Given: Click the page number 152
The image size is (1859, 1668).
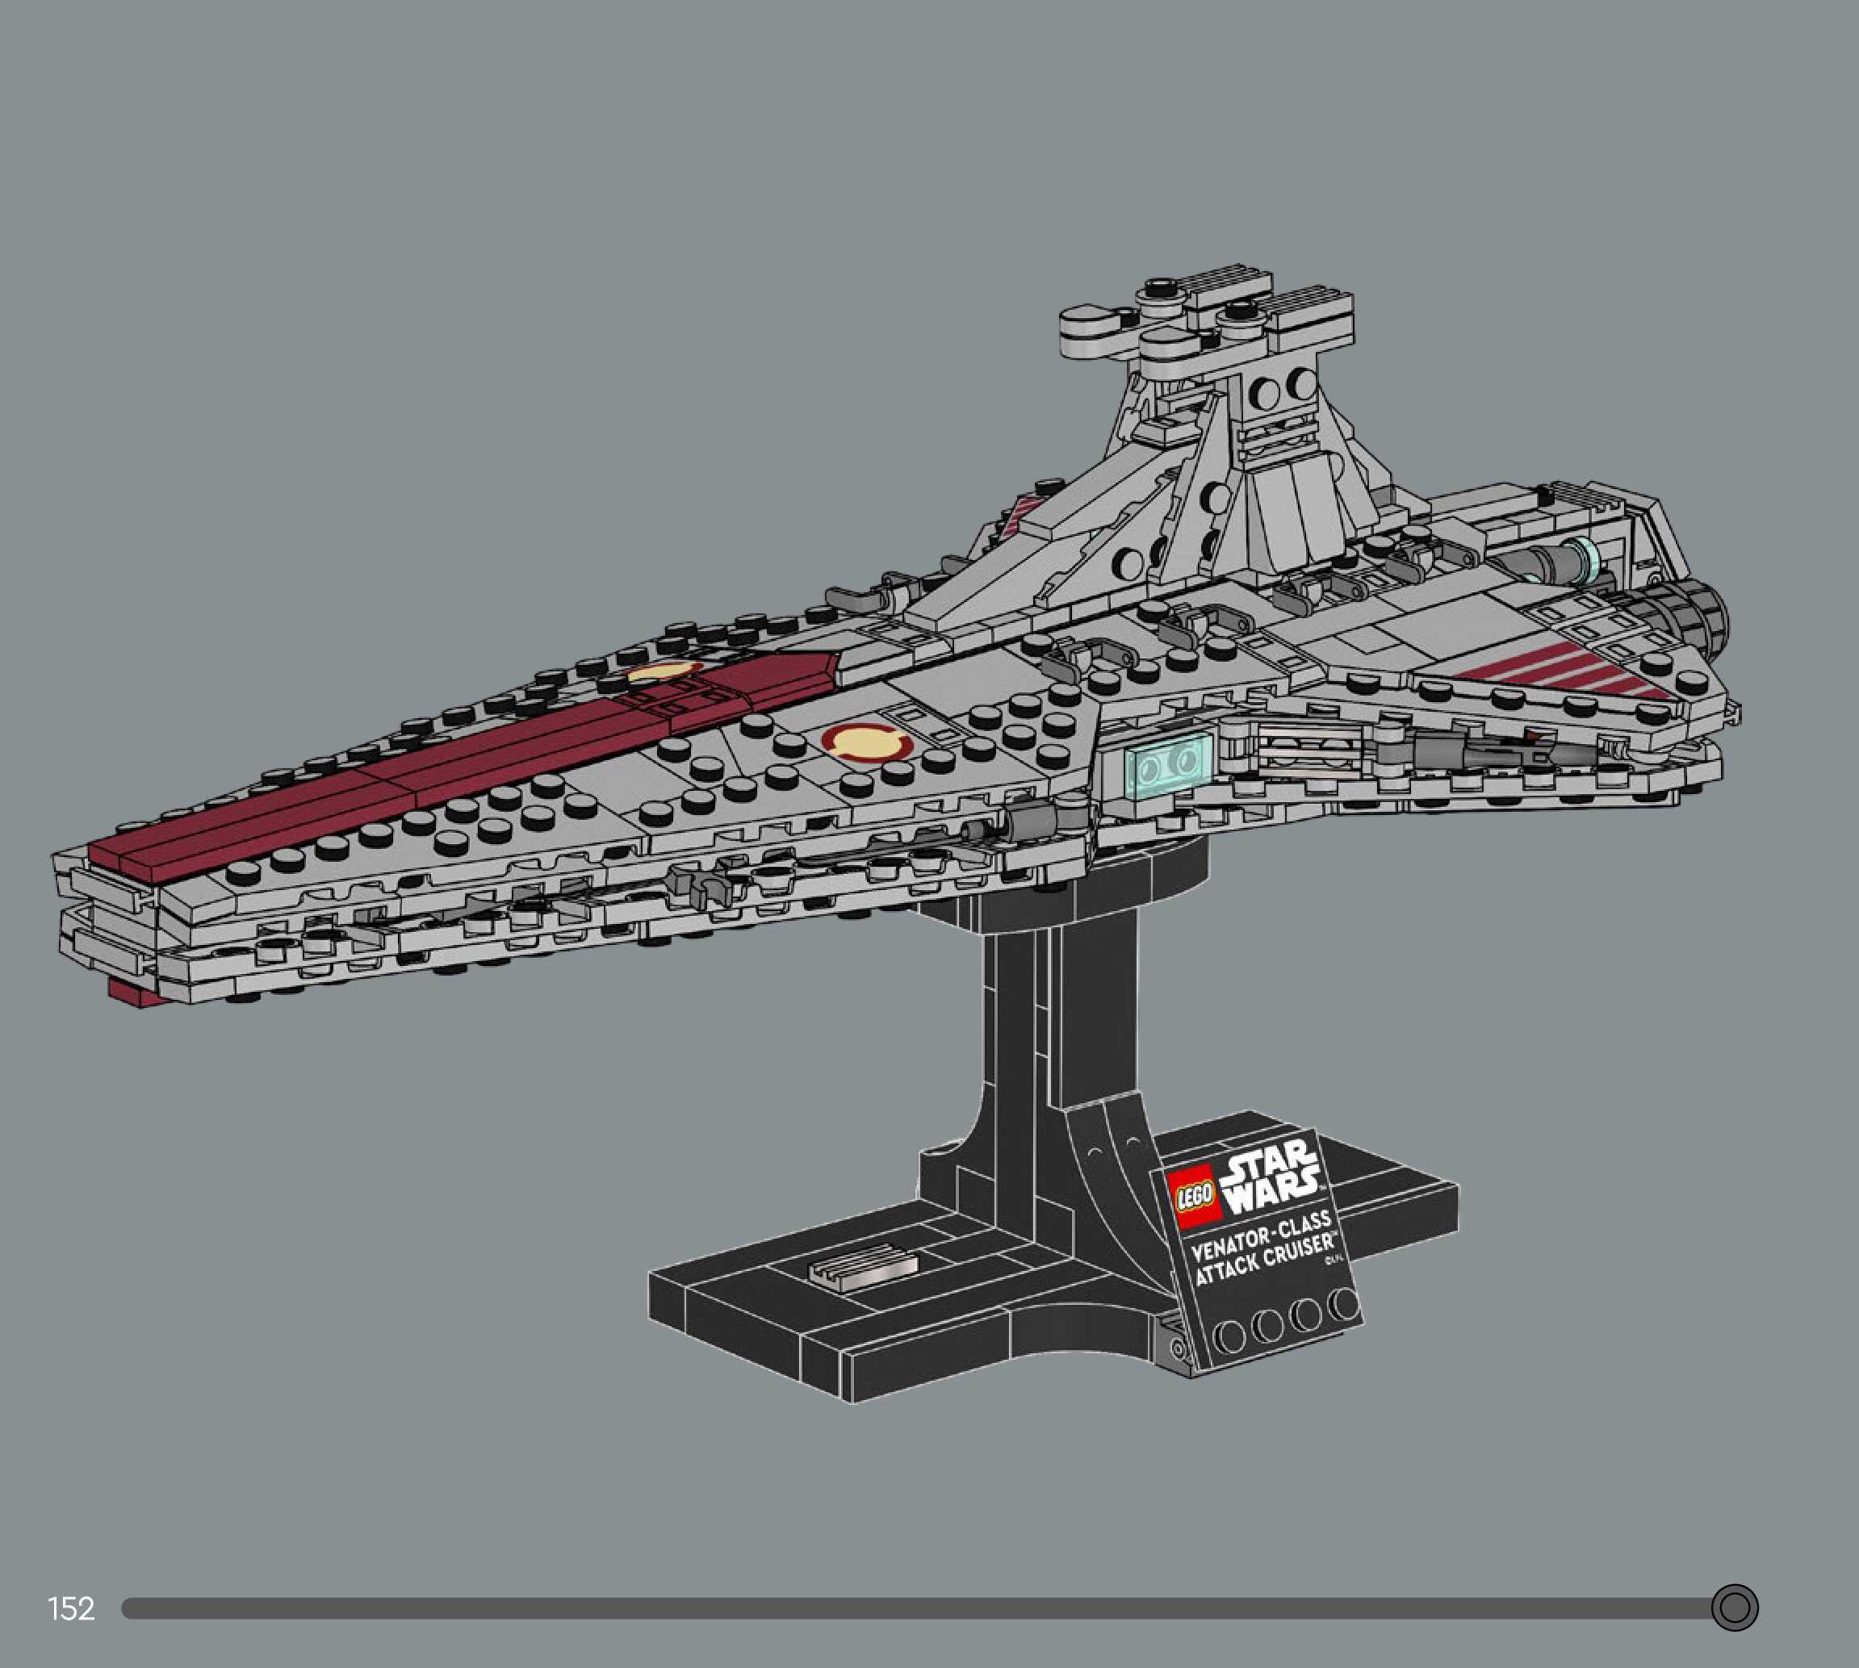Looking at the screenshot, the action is coord(70,1607).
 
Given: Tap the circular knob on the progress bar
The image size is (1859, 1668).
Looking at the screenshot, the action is coord(1735,1607).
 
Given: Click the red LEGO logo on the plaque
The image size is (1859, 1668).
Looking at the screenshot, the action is coord(1195,1196).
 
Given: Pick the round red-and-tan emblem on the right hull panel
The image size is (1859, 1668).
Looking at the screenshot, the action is coord(866,741).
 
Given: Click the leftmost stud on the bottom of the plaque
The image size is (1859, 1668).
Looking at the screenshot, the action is coord(1229,1336).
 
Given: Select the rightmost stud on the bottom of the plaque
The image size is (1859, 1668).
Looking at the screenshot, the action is coord(1344,1304).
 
